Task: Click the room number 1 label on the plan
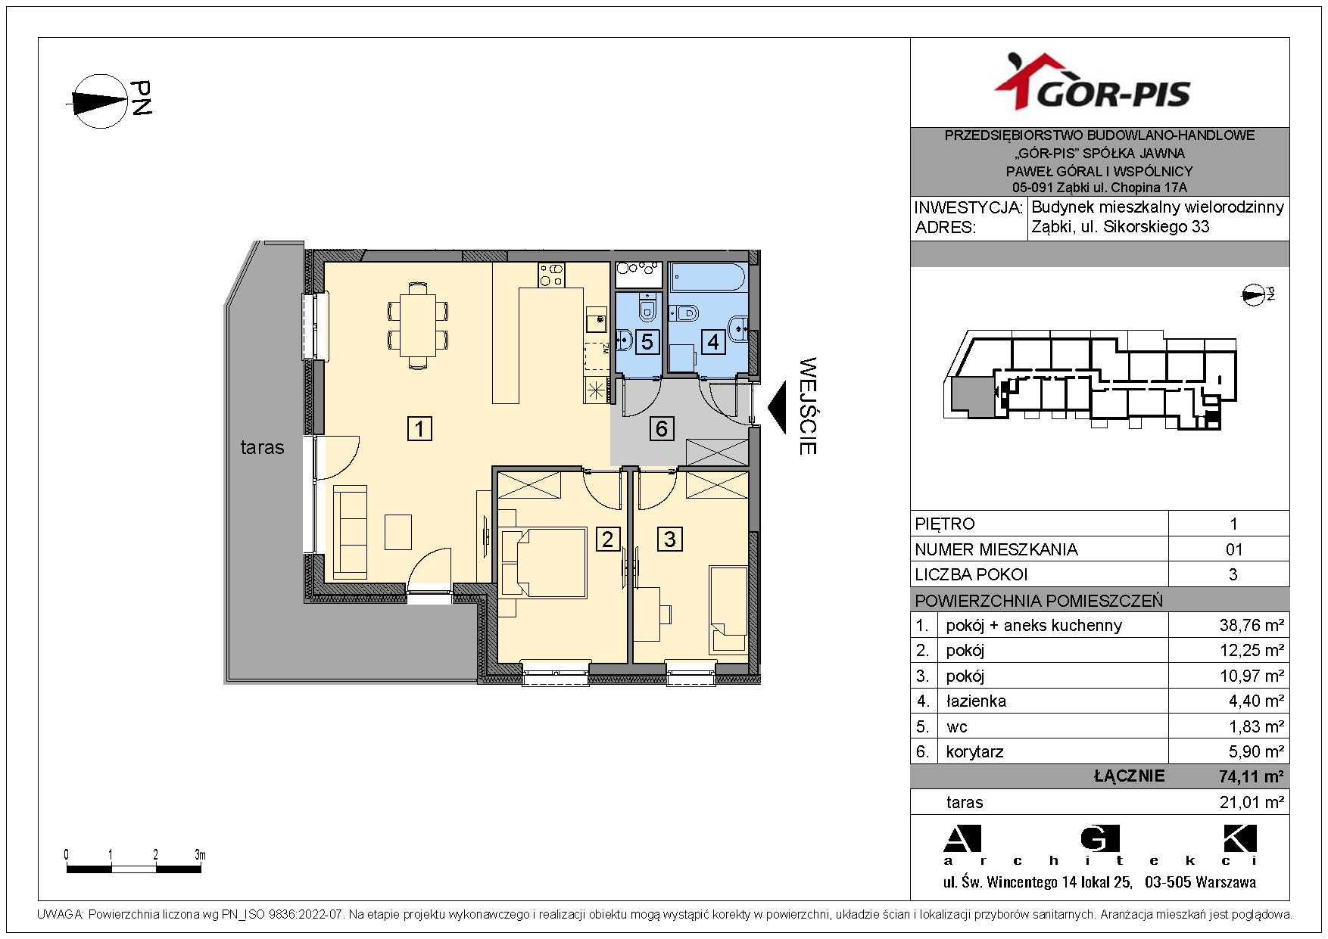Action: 419,428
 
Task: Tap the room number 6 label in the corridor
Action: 662,428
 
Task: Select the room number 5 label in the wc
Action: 647,341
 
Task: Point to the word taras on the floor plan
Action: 262,447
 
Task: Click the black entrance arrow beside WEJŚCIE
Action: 778,406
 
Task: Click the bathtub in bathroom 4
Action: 708,277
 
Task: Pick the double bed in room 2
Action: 543,563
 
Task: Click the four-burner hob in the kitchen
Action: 551,275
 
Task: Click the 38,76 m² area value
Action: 1252,625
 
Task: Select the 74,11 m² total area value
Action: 1251,776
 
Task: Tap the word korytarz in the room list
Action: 974,752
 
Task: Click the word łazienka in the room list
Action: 976,701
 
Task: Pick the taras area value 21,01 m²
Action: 1252,802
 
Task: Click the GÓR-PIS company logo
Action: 1092,82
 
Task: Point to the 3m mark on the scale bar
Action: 200,855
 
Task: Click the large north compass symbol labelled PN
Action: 100,101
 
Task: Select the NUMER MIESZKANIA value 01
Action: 1233,549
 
